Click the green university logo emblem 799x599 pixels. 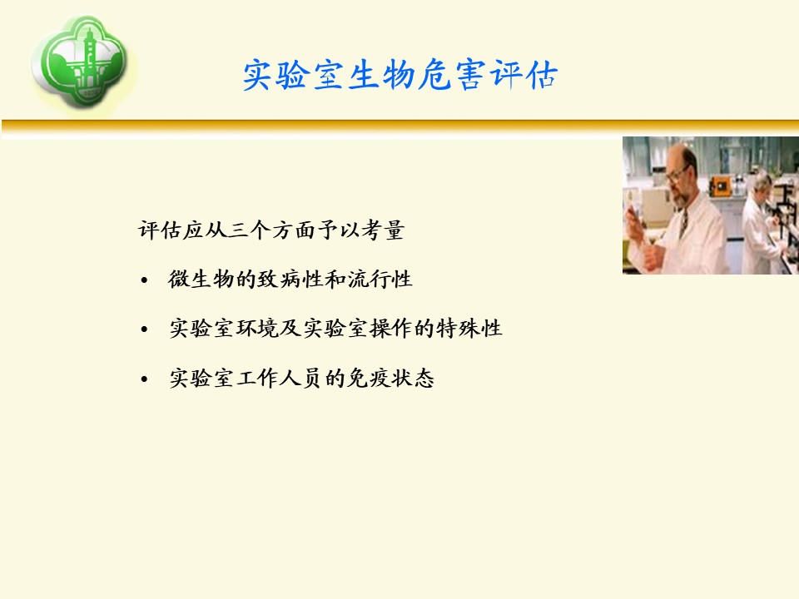pyautogui.click(x=82, y=61)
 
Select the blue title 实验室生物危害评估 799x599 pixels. pyautogui.click(x=400, y=74)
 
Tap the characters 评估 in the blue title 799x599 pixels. pyautogui.click(x=524, y=74)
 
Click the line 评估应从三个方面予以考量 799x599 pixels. pyautogui.click(x=271, y=230)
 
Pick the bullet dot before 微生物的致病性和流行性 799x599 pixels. pyautogui.click(x=144, y=280)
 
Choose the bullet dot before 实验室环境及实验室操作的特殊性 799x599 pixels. pyautogui.click(x=144, y=329)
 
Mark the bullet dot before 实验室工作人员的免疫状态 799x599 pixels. pyautogui.click(x=144, y=379)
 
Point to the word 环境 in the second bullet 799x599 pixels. pyautogui.click(x=257, y=328)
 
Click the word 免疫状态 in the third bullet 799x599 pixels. pyautogui.click(x=390, y=378)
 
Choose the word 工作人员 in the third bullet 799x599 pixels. pyautogui.click(x=280, y=378)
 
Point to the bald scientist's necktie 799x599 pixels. pyautogui.click(x=684, y=221)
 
